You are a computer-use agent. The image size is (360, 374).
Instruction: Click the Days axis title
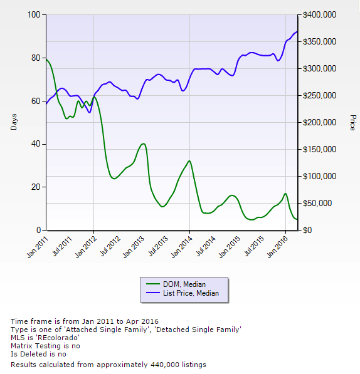coord(14,122)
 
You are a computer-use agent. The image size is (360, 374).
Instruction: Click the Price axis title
coord(352,122)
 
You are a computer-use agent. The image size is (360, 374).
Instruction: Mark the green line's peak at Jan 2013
coord(144,144)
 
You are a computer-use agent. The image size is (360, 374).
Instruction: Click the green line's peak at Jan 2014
coord(189,161)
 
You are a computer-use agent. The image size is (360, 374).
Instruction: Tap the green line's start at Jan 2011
coord(46,59)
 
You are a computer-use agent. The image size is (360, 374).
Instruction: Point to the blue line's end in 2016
coord(297,32)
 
